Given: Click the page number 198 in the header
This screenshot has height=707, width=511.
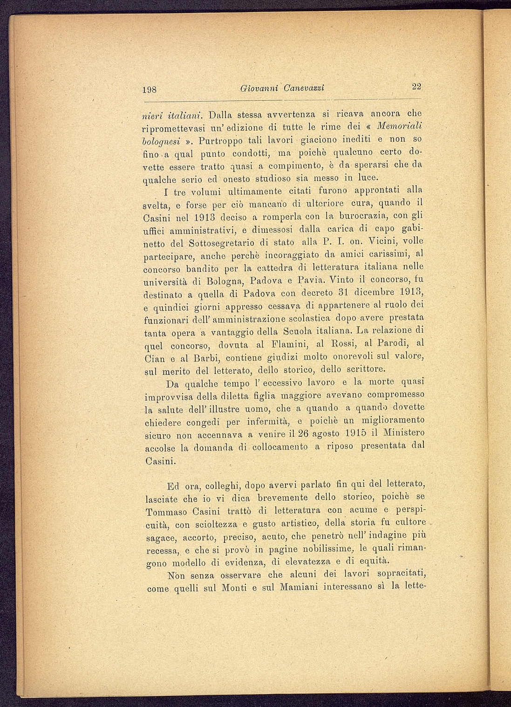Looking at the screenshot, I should click(150, 90).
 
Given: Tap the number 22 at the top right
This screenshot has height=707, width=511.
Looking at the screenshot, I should click(416, 86).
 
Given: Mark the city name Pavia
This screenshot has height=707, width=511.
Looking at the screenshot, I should click(311, 282).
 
